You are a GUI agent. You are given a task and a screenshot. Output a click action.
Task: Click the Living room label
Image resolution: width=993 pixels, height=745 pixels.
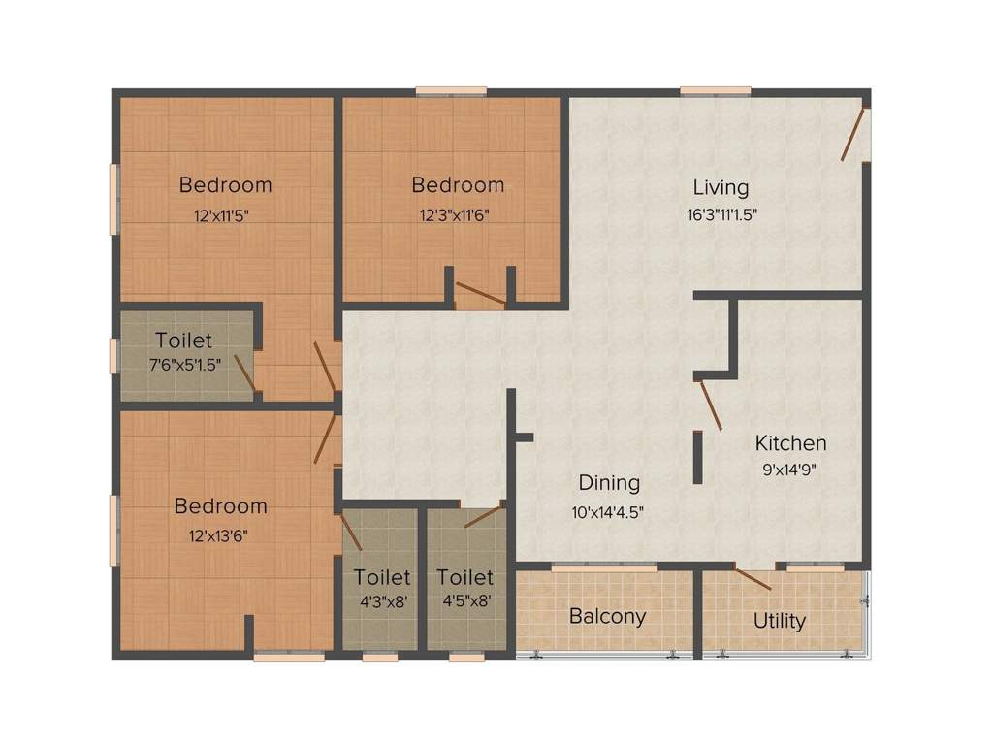pos(721,187)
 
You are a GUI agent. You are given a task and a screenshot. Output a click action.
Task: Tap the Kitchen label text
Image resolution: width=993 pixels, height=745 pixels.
pos(791,443)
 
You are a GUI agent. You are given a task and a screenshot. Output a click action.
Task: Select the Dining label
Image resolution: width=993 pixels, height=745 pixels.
pos(609,482)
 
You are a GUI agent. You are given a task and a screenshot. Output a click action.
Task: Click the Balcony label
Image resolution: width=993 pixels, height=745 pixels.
pos(607,616)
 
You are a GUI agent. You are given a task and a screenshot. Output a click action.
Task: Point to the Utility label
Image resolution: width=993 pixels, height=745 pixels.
pos(780,621)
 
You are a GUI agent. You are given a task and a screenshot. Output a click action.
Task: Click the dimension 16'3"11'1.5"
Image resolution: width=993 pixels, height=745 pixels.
pos(721,215)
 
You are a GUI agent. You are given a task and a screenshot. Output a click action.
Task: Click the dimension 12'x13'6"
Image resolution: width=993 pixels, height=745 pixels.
pos(221,534)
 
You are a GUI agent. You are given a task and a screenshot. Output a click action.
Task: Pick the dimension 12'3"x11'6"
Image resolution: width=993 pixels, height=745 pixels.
pos(458,215)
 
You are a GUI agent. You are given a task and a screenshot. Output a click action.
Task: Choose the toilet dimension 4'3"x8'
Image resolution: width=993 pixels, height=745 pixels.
pos(382,600)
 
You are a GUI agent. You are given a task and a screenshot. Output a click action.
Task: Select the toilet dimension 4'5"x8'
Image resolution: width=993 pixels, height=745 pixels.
pos(465,600)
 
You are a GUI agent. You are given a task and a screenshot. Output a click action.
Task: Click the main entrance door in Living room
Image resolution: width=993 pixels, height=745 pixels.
pos(853,135)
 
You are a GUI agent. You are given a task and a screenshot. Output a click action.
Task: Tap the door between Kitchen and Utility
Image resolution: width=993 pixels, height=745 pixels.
pos(753,579)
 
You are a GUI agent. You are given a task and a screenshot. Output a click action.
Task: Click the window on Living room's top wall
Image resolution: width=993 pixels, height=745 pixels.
pos(715,91)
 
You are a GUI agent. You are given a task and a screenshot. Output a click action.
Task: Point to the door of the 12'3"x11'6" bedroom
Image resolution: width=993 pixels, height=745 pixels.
pos(480,294)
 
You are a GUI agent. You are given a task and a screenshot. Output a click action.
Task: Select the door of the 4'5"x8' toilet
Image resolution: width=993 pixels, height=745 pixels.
pos(484,515)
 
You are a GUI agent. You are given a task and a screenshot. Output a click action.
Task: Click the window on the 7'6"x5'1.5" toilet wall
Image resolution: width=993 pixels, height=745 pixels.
pos(114,356)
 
